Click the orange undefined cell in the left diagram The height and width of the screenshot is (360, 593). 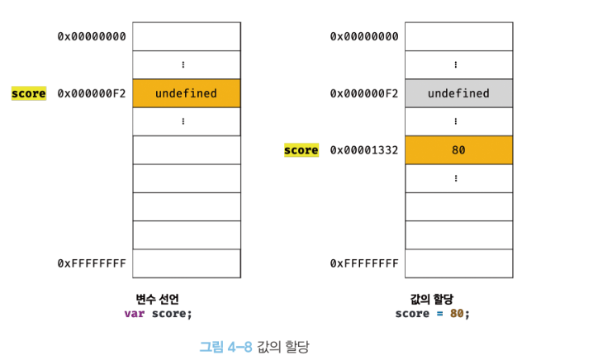[186, 93]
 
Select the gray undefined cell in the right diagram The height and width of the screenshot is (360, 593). [458, 93]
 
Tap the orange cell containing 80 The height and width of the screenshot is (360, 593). [458, 150]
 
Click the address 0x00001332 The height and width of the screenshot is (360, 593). [363, 150]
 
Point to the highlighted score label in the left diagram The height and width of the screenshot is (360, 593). [29, 93]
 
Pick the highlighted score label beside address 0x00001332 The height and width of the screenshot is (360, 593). [301, 150]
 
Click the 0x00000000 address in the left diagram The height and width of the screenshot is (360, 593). [91, 36]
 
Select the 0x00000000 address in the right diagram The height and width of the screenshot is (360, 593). [363, 36]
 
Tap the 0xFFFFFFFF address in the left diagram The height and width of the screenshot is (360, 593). [91, 263]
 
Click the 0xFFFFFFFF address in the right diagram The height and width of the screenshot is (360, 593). [363, 263]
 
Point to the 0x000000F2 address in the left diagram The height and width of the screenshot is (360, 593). [91, 93]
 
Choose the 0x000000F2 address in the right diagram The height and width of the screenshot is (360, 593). [363, 93]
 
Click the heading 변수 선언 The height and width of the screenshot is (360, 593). [158, 299]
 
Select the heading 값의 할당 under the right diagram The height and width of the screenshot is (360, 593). [432, 299]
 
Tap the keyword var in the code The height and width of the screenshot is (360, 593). [134, 314]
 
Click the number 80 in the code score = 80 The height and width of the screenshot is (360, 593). [457, 314]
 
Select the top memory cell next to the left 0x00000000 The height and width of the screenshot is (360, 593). [186, 36]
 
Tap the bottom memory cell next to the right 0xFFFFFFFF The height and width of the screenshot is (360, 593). [458, 263]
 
